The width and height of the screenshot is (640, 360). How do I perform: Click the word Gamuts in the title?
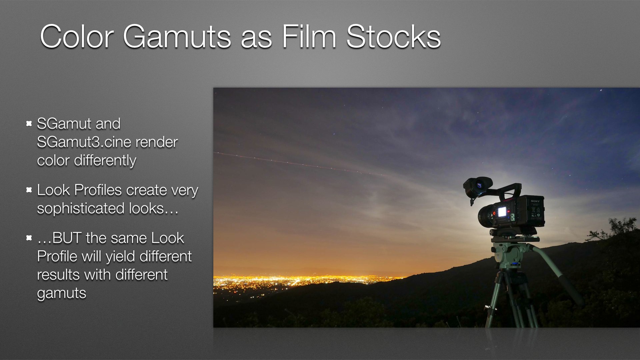(177, 37)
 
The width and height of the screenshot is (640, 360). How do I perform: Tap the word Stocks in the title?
(394, 37)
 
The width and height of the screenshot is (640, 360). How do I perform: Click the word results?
(58, 275)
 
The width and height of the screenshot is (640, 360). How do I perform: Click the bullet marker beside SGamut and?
(29, 124)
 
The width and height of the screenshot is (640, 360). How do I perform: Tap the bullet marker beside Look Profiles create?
(29, 190)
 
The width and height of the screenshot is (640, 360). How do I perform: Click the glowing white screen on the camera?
(502, 212)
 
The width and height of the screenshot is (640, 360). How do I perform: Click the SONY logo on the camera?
(535, 201)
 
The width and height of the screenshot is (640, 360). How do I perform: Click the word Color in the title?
(77, 37)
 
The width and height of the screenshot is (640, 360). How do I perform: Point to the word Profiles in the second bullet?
(98, 190)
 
